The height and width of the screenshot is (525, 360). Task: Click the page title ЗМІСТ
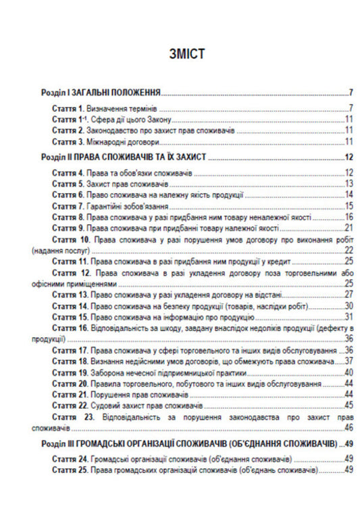[x=179, y=54]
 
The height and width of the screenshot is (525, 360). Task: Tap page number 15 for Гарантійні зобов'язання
[x=349, y=206]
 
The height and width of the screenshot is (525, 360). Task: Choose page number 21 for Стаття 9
[x=349, y=228]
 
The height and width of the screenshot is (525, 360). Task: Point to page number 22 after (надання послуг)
[x=349, y=250]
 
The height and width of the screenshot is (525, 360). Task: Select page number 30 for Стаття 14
[x=349, y=305]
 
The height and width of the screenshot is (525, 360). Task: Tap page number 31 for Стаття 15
[x=349, y=316]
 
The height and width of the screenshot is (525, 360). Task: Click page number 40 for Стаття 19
[x=349, y=372]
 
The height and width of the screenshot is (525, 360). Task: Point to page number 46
[x=349, y=427]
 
